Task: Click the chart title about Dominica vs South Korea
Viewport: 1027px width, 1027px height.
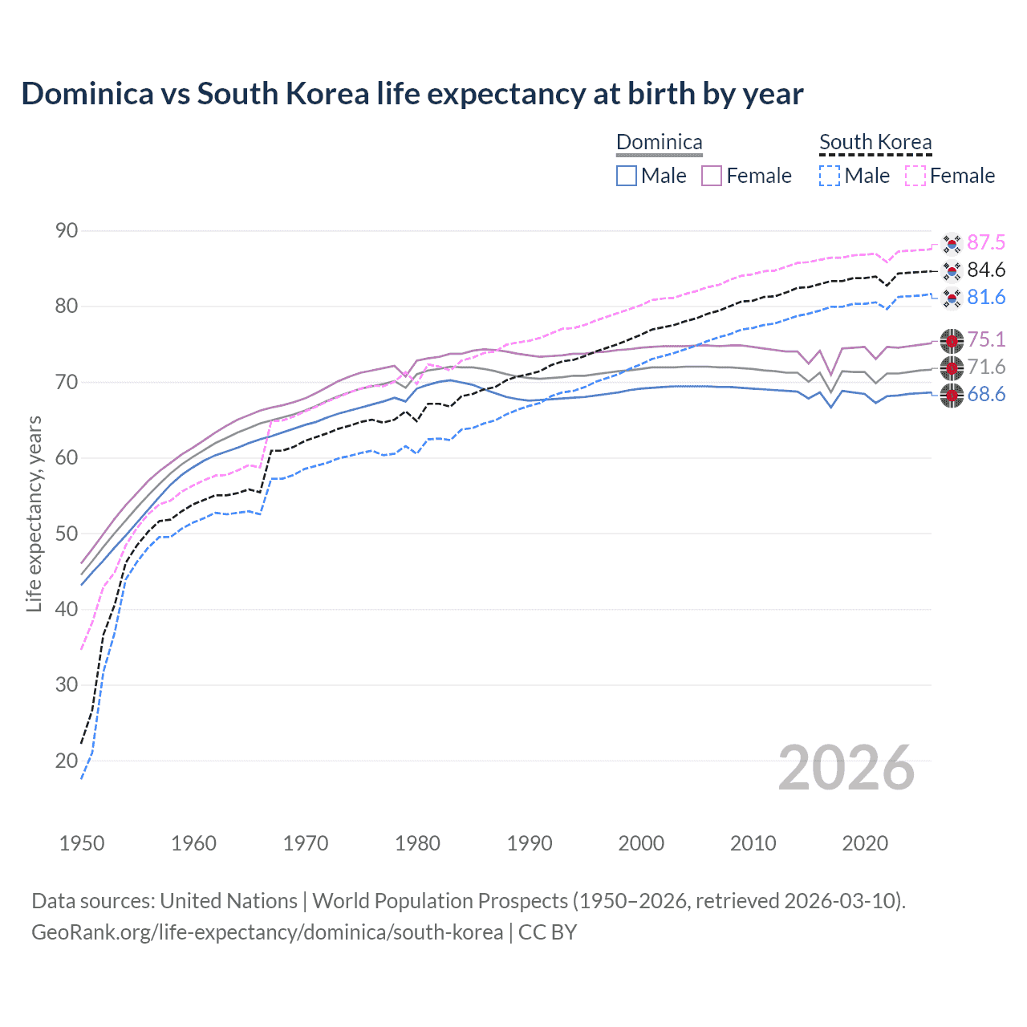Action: [x=412, y=94]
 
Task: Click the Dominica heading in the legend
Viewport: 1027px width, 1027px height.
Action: [x=659, y=143]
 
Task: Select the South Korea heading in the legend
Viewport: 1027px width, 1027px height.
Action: [x=875, y=143]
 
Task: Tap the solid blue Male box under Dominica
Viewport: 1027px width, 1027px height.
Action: [x=627, y=176]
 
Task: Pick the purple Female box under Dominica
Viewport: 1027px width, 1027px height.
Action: [x=712, y=176]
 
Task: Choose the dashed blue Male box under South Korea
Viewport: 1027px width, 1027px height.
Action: [x=830, y=176]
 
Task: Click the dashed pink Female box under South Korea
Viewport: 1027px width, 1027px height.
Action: [x=915, y=176]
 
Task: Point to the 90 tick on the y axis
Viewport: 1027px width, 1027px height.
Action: [x=67, y=231]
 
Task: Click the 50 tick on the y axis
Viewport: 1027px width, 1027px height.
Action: [x=67, y=534]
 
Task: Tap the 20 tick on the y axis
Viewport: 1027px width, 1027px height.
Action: [x=67, y=761]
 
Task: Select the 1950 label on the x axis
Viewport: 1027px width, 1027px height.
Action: [x=82, y=843]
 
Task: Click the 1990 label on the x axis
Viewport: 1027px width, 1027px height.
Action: [x=530, y=843]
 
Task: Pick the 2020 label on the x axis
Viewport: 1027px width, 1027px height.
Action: [x=865, y=843]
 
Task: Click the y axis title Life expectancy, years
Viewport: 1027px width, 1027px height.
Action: [x=34, y=513]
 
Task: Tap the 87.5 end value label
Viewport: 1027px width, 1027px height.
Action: [x=986, y=242]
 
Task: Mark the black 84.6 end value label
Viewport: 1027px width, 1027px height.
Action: [x=986, y=270]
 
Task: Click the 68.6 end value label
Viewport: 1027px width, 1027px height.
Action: [x=986, y=394]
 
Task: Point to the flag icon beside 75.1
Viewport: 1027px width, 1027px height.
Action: [x=952, y=340]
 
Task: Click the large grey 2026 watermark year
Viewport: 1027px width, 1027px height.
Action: [x=846, y=768]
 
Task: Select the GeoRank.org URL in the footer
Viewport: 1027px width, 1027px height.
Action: [x=267, y=932]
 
